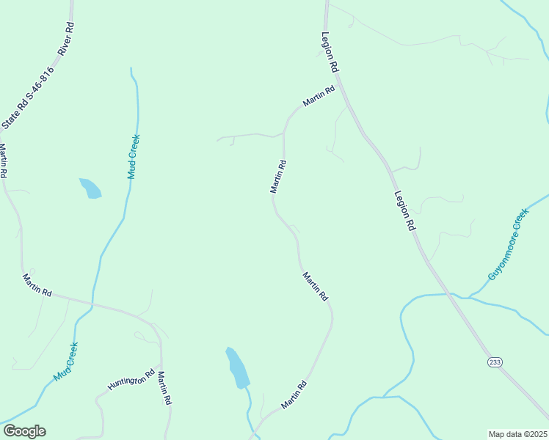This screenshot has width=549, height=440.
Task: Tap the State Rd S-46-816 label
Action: point(28,98)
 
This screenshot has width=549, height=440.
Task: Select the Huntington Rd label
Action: point(131,378)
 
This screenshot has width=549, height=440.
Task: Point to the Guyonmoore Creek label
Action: point(508,244)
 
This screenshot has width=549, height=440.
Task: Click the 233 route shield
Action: point(494,362)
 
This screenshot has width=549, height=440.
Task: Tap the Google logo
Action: point(24,431)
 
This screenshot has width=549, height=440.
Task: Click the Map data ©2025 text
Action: point(517,434)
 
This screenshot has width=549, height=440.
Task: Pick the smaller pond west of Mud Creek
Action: point(90,188)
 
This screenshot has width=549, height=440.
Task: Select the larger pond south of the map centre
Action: point(237,368)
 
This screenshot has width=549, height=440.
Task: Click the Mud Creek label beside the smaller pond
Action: point(133,156)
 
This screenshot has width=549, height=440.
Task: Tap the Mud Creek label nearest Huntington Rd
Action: point(65,362)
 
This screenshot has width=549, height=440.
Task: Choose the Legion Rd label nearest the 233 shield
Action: point(404,211)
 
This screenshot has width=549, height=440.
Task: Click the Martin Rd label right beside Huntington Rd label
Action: point(165,389)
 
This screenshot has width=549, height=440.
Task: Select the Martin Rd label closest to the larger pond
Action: point(292,395)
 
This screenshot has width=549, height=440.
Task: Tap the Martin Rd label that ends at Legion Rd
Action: point(319,95)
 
